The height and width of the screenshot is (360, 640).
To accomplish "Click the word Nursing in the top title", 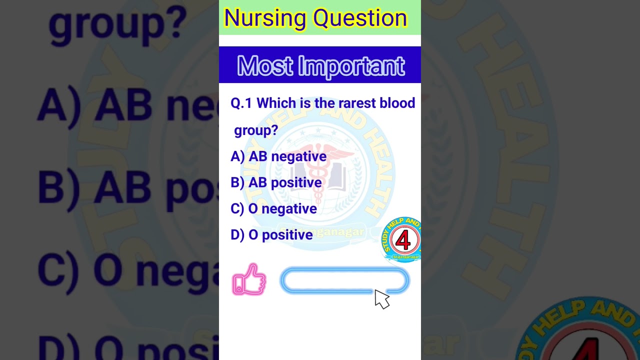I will [265, 18].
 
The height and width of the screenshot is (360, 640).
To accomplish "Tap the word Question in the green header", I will [360, 18].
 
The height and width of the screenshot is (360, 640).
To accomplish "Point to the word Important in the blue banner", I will [351, 66].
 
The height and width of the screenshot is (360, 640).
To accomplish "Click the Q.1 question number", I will [241, 103].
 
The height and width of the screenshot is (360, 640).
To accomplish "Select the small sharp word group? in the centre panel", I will [256, 131].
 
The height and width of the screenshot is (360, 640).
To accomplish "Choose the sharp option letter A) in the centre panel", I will [237, 156].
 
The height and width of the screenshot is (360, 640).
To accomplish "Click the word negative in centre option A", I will [298, 156].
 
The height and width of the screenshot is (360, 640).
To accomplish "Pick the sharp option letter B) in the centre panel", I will [237, 182].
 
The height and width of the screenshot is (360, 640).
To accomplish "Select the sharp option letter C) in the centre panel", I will [237, 209].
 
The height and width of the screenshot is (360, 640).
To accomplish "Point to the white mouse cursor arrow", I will [381, 298].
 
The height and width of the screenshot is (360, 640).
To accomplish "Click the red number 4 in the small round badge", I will [402, 240].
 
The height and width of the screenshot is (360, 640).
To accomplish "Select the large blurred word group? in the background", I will [117, 22].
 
